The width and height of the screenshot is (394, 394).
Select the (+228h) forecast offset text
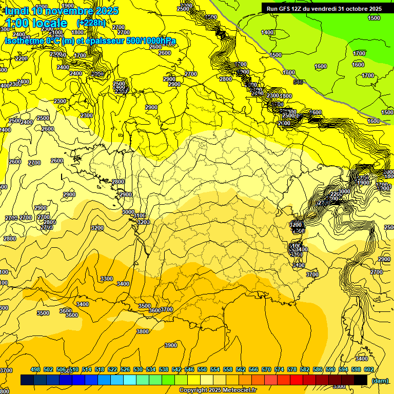tap(91, 23)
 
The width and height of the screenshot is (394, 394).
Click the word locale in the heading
tap(49, 23)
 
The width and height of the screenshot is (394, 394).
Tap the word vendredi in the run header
tap(324, 9)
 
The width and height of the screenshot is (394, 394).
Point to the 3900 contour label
tap(171, 345)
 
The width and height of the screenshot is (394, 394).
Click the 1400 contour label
tap(267, 32)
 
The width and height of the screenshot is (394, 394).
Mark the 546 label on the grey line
tap(298, 82)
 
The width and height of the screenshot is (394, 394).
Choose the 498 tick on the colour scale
tap(35, 369)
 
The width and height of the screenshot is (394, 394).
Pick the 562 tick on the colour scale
tap(241, 369)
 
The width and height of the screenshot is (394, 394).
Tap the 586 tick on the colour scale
tap(318, 369)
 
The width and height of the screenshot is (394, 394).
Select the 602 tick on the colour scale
tap(368, 369)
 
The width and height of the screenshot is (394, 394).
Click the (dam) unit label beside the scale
tap(380, 380)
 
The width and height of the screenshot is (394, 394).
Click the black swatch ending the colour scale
tap(361, 380)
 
